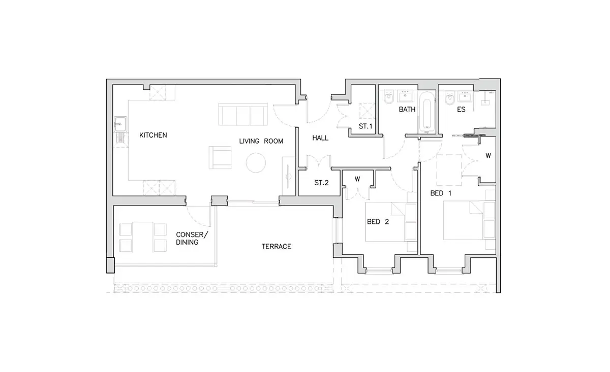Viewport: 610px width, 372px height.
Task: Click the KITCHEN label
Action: [x=153, y=135]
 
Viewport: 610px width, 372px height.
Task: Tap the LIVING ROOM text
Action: [x=261, y=141]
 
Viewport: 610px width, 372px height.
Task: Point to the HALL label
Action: [x=320, y=138]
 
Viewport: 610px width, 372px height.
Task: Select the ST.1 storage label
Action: [x=365, y=126]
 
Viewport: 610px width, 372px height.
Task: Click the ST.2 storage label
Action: [x=321, y=183]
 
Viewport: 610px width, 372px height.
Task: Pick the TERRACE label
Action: [x=277, y=246]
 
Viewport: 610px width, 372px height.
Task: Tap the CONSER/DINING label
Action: [x=192, y=238]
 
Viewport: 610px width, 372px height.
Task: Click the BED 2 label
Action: [x=378, y=222]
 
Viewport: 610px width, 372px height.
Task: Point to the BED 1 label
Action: [x=441, y=193]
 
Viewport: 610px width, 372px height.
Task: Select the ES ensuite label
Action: [x=462, y=110]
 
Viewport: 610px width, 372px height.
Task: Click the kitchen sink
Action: [x=120, y=124]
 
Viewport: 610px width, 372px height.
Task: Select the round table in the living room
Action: [x=256, y=162]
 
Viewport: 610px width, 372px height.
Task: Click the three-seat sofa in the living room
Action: [x=243, y=114]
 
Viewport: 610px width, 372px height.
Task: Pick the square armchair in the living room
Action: [x=220, y=157]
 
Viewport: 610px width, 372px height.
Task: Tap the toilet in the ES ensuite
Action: [x=450, y=98]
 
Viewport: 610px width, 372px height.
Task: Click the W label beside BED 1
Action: [x=489, y=156]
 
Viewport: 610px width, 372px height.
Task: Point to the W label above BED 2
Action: [x=357, y=179]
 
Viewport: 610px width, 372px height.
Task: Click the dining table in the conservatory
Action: [x=143, y=237]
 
